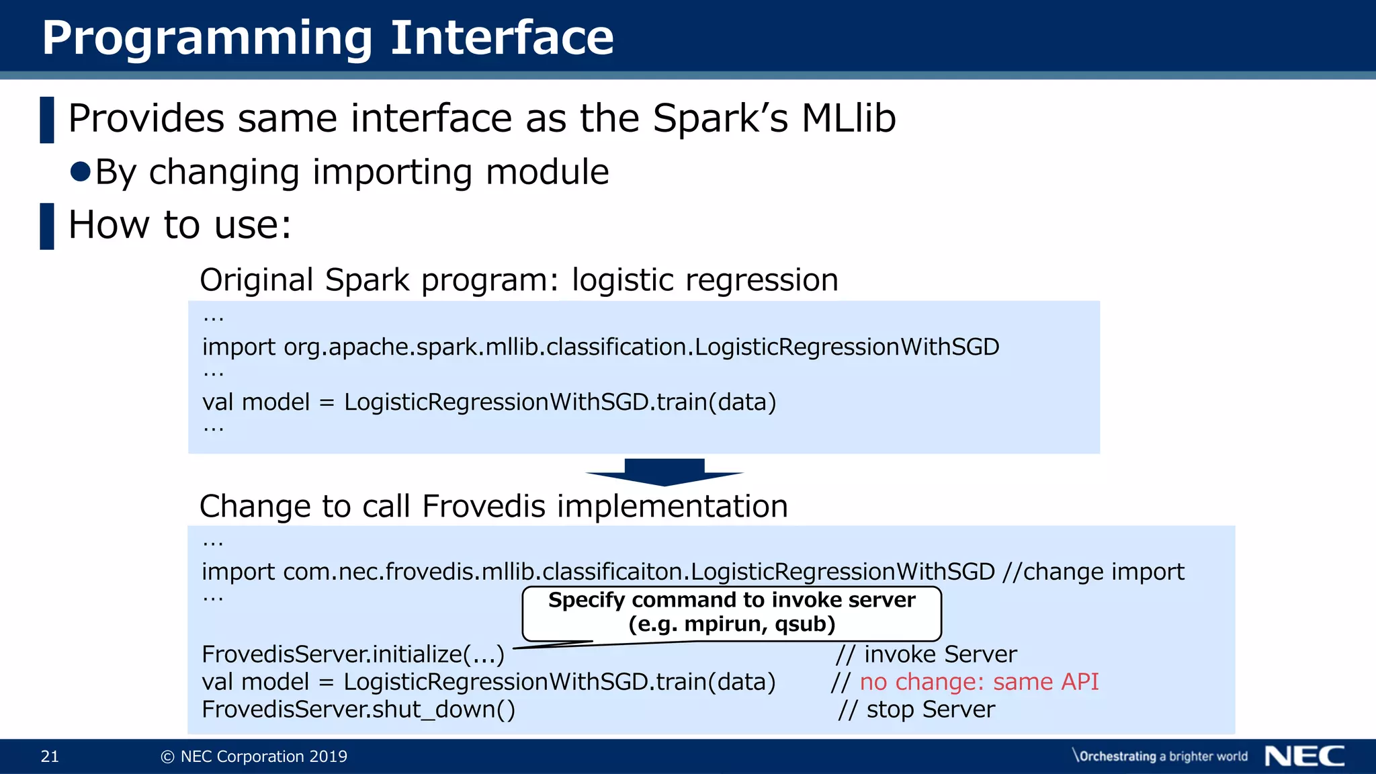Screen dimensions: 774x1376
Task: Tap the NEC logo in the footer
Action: (1304, 756)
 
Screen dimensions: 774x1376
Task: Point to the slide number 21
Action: (50, 757)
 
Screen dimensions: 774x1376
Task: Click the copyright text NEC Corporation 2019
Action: (255, 757)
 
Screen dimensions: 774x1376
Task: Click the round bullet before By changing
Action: (81, 171)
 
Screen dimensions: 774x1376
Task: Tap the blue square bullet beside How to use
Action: (47, 226)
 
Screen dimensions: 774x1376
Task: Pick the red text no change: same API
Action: (979, 682)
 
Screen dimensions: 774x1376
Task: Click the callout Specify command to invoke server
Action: (732, 600)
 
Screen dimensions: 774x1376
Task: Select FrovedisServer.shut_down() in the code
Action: (358, 709)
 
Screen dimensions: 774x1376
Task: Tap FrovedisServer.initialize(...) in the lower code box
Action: (353, 654)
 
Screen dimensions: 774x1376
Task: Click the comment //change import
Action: (1093, 572)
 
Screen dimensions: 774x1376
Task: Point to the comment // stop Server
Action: (917, 709)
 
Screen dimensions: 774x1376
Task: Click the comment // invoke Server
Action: (927, 654)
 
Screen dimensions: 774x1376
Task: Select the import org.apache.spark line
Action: (600, 347)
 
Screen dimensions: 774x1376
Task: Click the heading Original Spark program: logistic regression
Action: (519, 280)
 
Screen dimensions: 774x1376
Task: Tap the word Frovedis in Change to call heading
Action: (484, 506)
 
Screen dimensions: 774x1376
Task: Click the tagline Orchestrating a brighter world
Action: (1161, 757)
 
